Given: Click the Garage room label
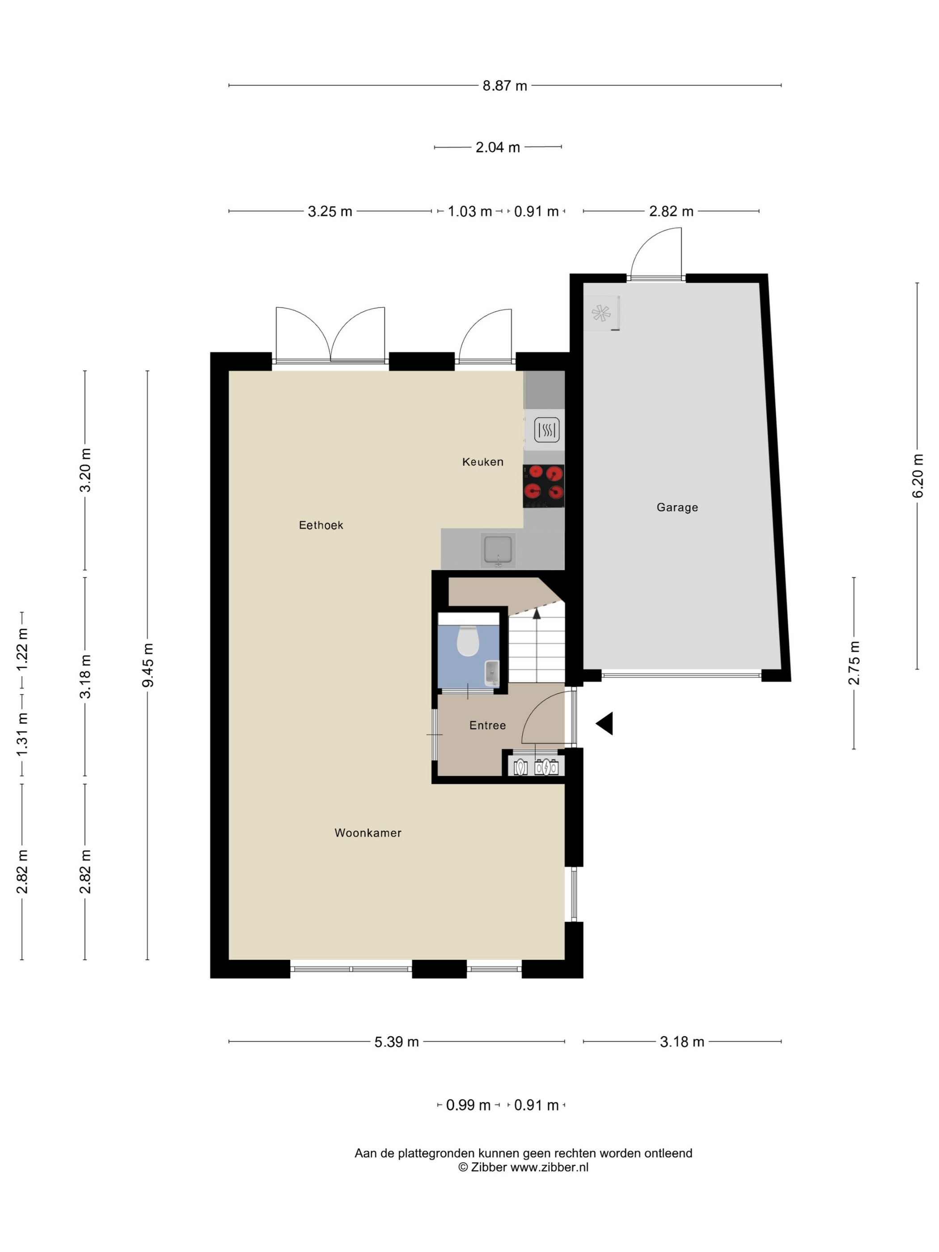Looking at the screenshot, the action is coord(677,507).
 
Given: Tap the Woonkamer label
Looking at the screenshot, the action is coord(368,833).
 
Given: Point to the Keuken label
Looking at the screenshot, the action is coord(483,462).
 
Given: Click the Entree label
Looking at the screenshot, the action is coord(487,725).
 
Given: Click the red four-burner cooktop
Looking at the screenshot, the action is coord(543,486).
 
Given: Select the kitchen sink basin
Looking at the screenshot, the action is coord(498,550).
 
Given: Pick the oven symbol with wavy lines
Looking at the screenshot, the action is coord(547,430).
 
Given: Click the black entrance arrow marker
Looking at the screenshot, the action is coord(605,723).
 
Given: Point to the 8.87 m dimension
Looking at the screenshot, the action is coord(505,85).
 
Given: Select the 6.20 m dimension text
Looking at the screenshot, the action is coord(918,475).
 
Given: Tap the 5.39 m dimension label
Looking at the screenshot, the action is coord(397,1041).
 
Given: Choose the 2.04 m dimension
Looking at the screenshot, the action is coord(498,147).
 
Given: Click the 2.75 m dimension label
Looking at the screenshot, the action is coord(854,663).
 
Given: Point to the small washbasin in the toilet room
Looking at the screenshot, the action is coord(492,673).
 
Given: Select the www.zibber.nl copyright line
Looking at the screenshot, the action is coord(523,1167).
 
